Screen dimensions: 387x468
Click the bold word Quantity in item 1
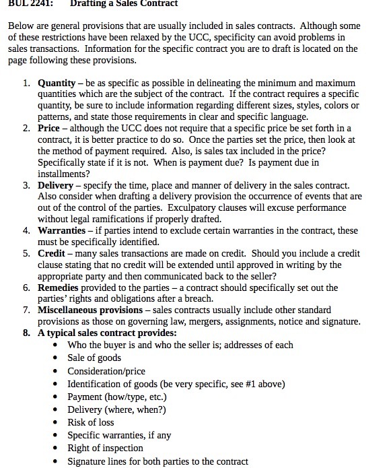click(57, 83)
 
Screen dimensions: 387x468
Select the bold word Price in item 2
click(49, 128)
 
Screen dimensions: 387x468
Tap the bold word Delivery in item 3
click(56, 185)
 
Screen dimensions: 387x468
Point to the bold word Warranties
click(61, 230)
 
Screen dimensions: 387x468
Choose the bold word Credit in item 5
click(51, 253)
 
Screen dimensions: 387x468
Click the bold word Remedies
click(59, 287)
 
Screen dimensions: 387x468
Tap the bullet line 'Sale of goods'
click(94, 357)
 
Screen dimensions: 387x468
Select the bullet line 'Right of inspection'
click(105, 448)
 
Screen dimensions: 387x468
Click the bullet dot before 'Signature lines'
click(55, 461)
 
